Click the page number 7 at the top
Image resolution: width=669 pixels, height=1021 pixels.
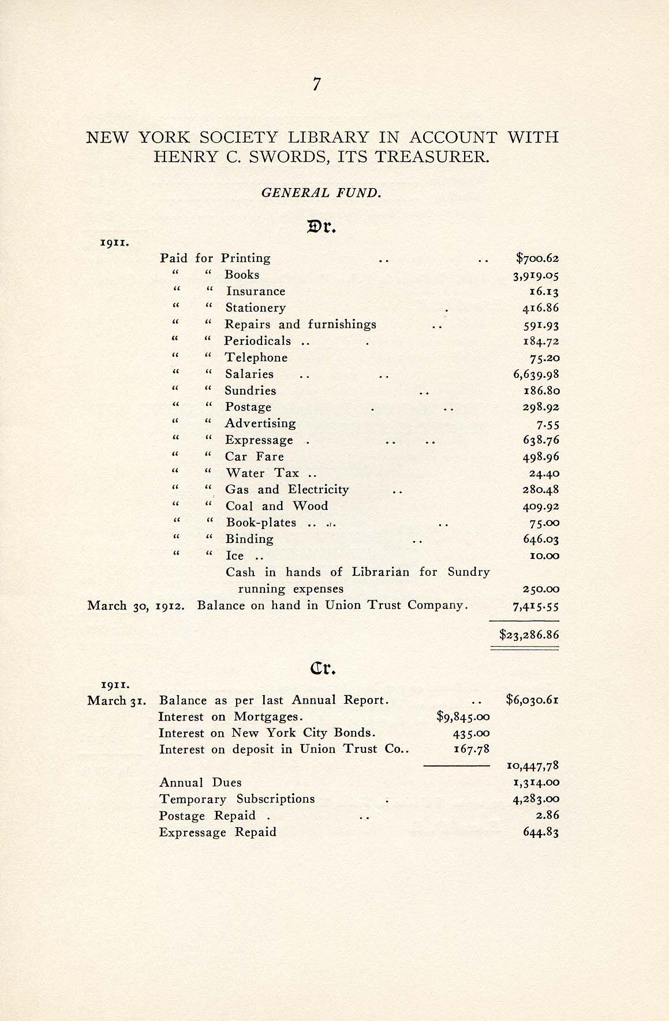click(x=316, y=84)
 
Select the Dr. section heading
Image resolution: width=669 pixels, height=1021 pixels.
click(x=322, y=227)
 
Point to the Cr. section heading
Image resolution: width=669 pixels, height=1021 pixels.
click(x=323, y=669)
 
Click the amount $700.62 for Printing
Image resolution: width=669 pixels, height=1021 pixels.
click(x=537, y=258)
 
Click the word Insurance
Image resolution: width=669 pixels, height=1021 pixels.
click(x=255, y=291)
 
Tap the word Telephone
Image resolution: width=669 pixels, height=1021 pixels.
click(x=256, y=358)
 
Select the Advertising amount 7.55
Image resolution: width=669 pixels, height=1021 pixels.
click(x=548, y=424)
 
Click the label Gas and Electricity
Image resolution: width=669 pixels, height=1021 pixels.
click(x=287, y=490)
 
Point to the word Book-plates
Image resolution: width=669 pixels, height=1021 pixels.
click(x=261, y=523)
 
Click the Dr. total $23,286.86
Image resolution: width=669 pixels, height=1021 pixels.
click(x=529, y=635)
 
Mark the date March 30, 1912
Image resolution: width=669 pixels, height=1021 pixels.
click(x=136, y=606)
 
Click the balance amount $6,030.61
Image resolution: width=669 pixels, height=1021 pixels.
click(x=532, y=700)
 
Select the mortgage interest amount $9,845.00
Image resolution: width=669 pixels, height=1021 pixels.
click(x=464, y=717)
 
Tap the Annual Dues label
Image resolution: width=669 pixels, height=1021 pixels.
click(x=200, y=783)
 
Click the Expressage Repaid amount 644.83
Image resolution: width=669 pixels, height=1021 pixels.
click(x=541, y=832)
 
